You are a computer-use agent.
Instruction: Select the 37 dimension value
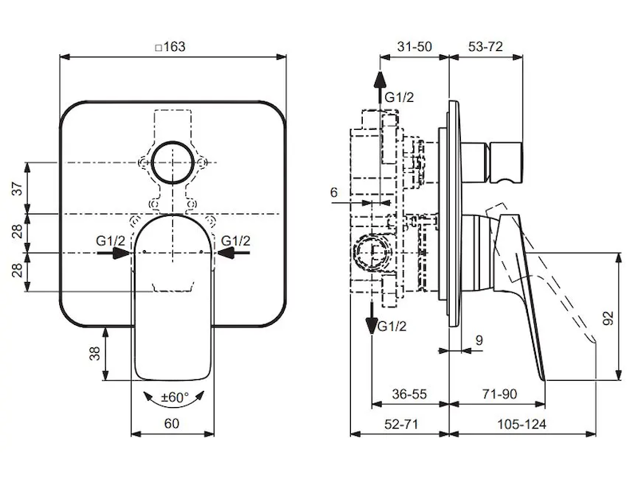(17, 189)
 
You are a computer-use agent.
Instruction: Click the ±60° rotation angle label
(174, 397)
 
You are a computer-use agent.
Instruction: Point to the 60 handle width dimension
(171, 423)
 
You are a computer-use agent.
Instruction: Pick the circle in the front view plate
(173, 163)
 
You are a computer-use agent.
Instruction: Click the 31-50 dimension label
(414, 46)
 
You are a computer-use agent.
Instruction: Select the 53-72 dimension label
(486, 46)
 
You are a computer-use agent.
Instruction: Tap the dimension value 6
(333, 192)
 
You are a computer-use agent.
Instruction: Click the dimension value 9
(478, 340)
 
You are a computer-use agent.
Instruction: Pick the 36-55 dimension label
(410, 394)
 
